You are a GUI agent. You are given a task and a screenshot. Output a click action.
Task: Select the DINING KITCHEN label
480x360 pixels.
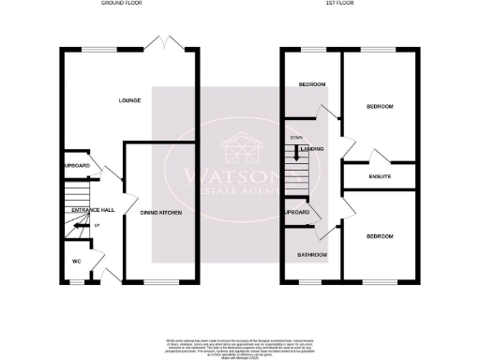160,215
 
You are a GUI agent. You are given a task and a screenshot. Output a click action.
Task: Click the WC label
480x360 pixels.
76,262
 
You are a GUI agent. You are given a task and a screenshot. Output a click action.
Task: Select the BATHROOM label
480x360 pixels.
312,255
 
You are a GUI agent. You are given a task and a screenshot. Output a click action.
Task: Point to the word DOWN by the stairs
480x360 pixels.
296,138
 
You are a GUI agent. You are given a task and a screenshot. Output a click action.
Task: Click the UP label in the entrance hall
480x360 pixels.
98,226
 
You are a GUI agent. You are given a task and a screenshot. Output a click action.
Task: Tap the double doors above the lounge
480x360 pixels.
166,42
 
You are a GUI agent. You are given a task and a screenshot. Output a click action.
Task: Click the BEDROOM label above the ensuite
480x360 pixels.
379,107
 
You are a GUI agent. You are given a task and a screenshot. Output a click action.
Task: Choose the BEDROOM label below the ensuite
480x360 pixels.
379,236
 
